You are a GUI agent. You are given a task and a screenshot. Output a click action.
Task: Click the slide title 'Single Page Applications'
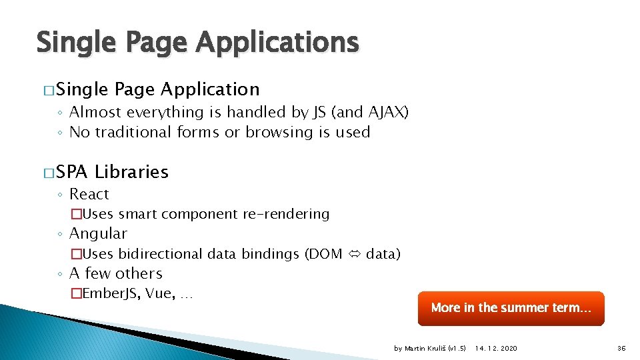(x=197, y=43)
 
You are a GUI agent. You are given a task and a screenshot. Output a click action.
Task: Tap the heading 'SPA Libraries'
(x=112, y=172)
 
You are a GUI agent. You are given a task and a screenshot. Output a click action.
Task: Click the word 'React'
(x=89, y=194)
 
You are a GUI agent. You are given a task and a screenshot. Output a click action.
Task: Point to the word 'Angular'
(x=98, y=233)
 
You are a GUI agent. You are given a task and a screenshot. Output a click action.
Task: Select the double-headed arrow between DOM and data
(x=354, y=254)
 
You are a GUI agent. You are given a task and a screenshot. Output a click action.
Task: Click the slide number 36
(x=621, y=349)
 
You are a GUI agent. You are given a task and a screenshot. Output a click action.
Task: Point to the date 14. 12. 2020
(x=495, y=349)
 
